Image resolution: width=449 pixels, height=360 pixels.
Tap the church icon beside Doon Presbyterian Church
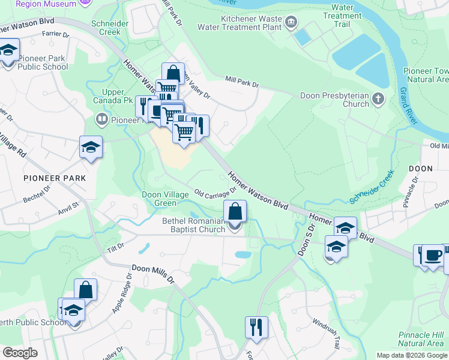pos(378,99)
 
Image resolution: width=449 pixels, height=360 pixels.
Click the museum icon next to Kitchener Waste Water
pos(291,23)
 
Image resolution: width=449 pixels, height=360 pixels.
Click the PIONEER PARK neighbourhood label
pos(55,178)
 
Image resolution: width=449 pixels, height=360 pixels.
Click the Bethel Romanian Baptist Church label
pos(193,225)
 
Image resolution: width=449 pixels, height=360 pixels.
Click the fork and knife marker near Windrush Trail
pos(256,328)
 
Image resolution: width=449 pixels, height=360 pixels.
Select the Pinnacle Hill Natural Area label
pos(421,339)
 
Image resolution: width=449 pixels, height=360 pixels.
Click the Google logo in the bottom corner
pos(20,353)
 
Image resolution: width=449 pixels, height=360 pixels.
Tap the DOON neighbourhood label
pos(420,169)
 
